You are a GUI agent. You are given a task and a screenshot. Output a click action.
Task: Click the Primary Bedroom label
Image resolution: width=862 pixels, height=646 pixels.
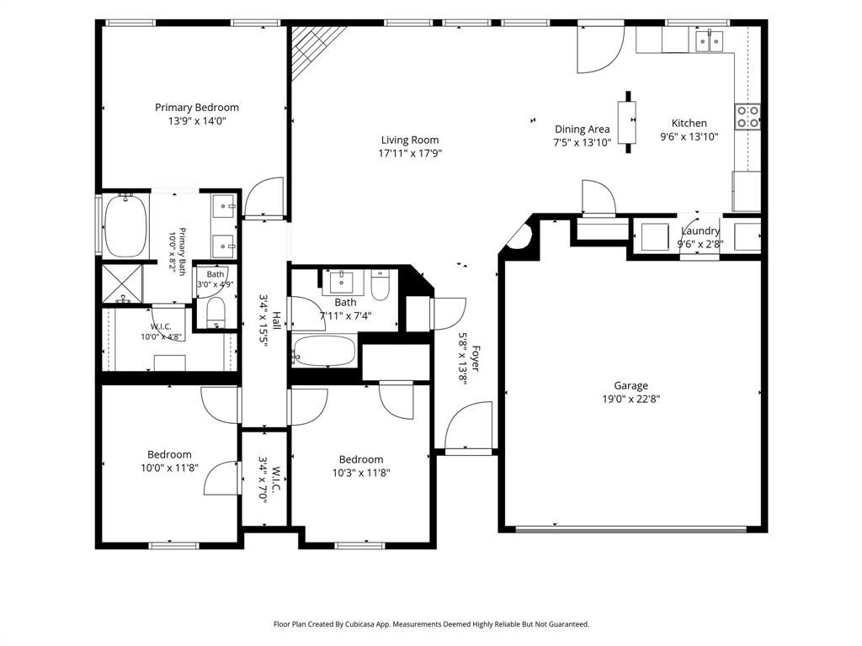197,108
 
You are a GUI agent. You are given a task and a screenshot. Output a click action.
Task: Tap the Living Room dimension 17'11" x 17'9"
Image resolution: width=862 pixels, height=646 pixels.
410,153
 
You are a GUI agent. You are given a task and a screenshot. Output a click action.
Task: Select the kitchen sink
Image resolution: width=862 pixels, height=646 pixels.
709,40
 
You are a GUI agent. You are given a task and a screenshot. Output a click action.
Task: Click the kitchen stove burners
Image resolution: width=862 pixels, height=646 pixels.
748,117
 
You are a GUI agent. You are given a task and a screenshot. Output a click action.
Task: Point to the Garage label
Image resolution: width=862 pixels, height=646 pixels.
631,385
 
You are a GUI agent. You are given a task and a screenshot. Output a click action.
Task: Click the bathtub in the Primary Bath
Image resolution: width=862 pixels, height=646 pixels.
125,225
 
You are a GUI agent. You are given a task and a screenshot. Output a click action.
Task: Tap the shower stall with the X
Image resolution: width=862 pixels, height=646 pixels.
122,283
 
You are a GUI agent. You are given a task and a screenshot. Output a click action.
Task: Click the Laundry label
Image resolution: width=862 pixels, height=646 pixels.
700,230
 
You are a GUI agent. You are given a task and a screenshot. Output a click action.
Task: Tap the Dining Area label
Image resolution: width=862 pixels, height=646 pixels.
583,130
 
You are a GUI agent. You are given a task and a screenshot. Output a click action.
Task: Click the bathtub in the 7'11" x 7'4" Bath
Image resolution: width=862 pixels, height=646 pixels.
324,351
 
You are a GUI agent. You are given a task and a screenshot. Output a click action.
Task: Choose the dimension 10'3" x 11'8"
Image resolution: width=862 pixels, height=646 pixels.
360,473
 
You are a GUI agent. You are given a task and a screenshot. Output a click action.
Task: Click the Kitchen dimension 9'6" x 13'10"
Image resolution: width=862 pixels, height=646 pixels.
689,137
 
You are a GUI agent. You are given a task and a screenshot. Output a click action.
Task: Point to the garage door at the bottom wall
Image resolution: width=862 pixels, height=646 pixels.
631,530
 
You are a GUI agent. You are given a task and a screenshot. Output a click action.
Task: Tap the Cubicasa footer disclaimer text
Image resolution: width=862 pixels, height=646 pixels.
432,624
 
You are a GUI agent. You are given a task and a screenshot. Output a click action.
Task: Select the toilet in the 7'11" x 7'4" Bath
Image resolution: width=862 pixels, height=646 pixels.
380,284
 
